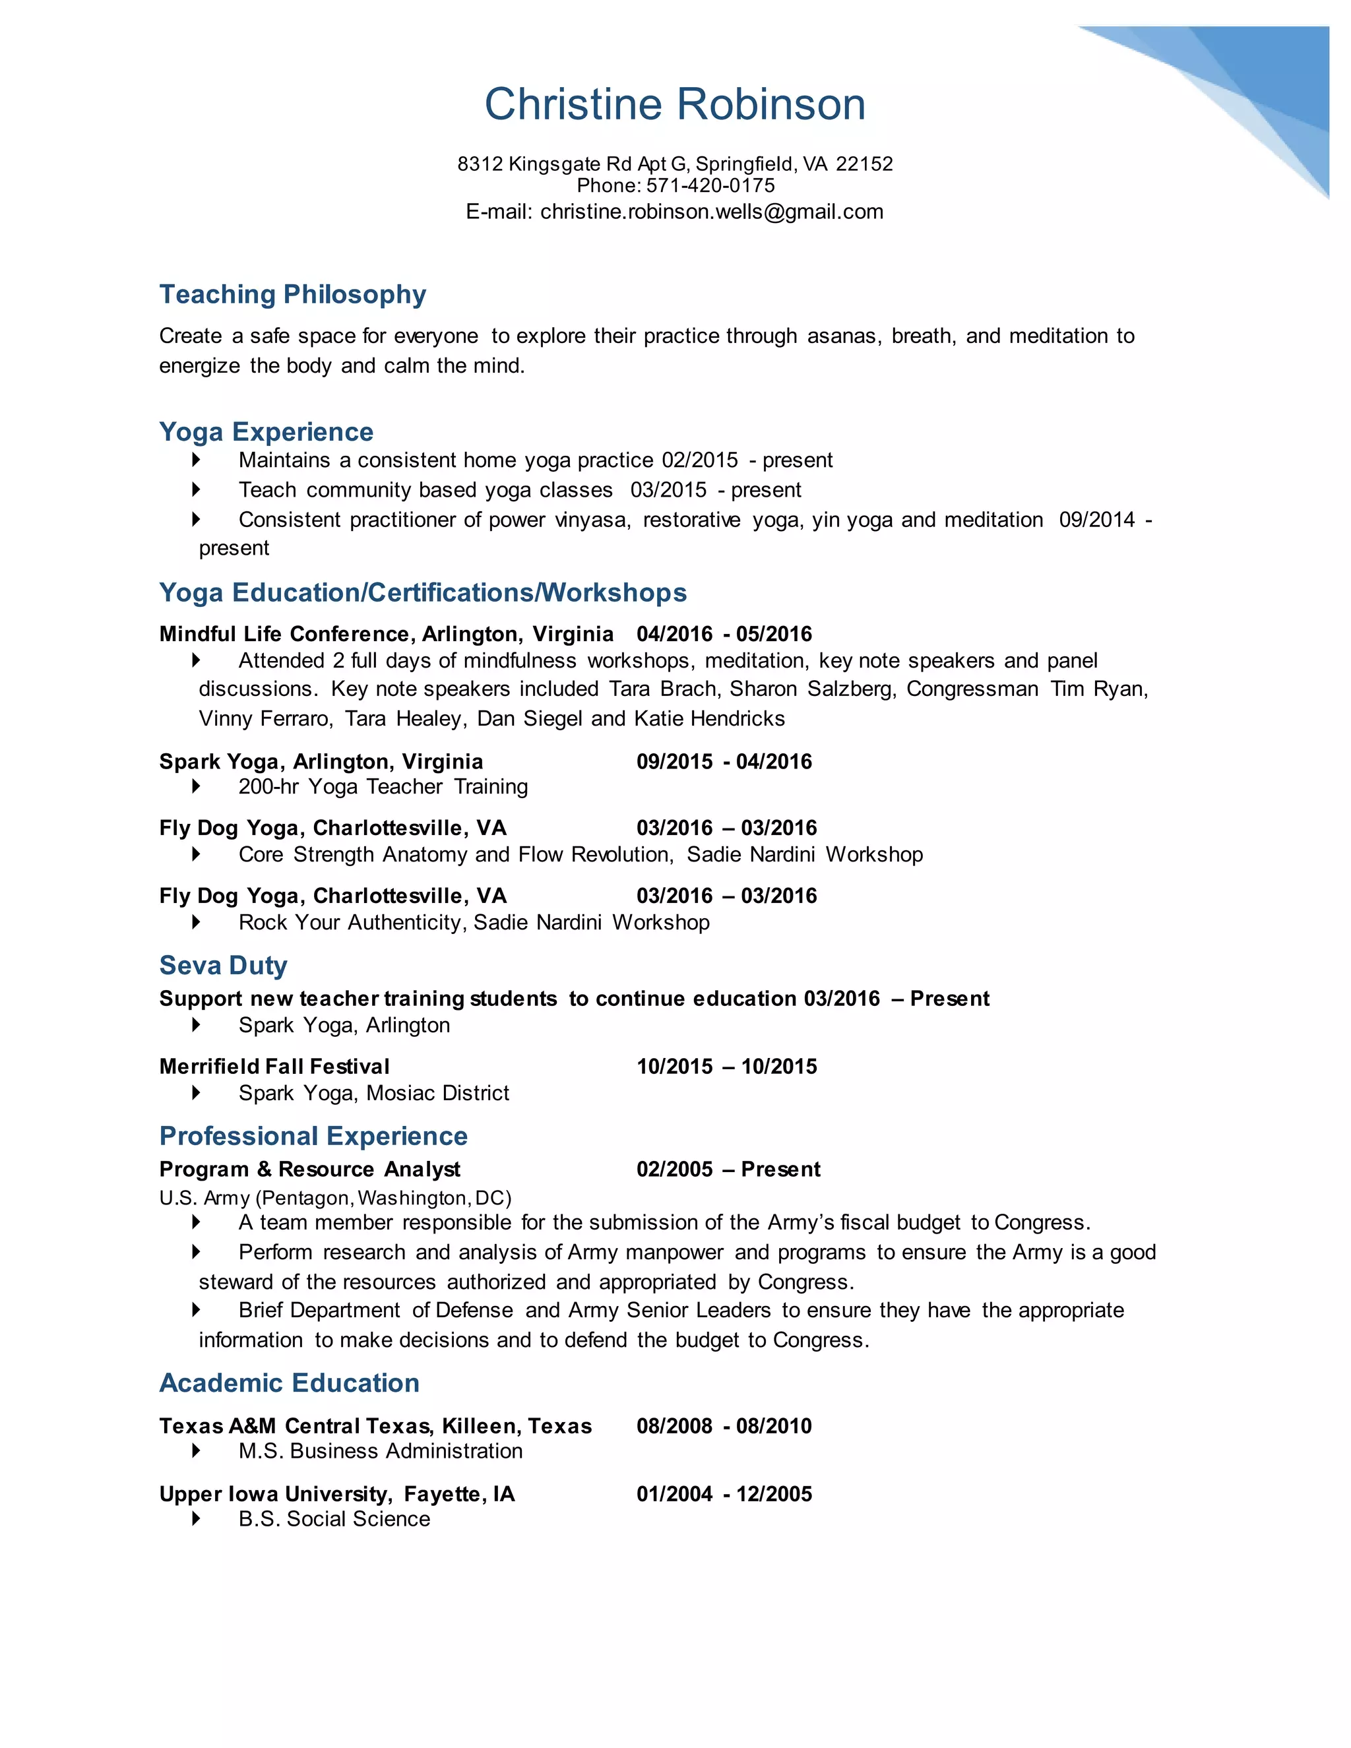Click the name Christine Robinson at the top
675,105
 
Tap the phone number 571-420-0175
710,186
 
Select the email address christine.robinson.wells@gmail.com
712,212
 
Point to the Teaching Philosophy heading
292,295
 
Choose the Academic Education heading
289,1383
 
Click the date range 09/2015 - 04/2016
724,761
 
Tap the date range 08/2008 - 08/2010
724,1425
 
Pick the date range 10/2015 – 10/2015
726,1066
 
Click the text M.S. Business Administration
380,1451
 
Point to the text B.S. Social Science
334,1519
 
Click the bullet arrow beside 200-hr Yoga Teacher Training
196,787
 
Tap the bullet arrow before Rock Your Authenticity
196,923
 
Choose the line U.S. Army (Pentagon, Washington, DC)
334,1197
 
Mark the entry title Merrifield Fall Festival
274,1066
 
